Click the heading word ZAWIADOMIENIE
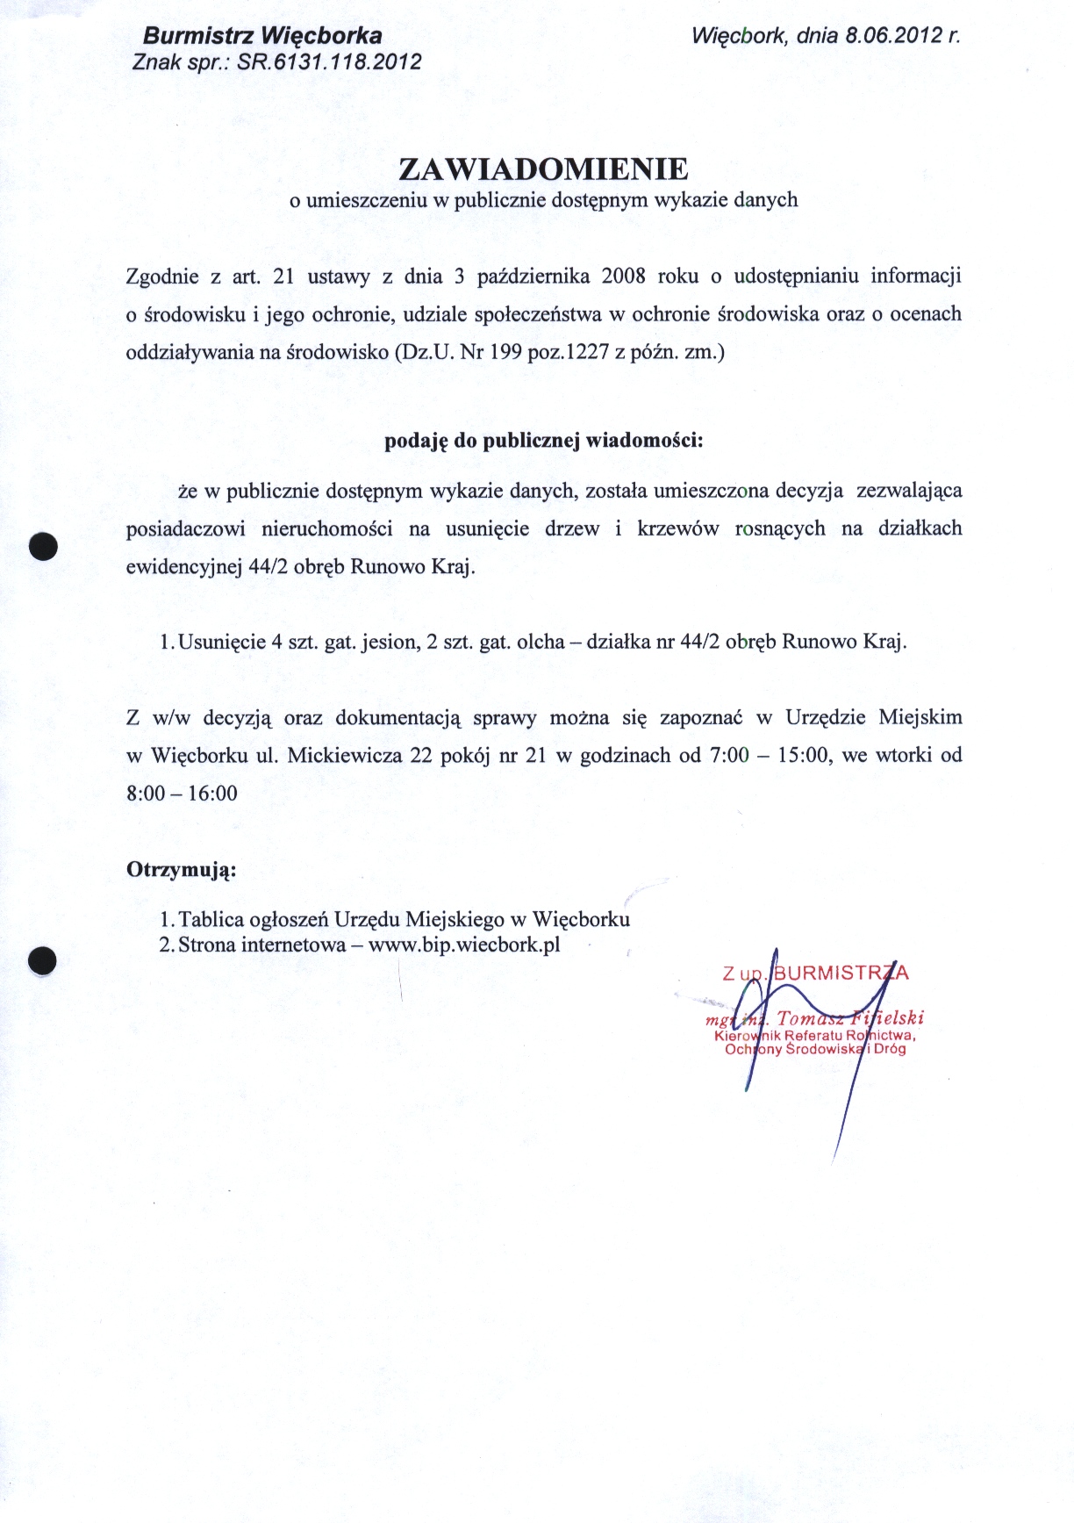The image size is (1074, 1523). click(x=543, y=169)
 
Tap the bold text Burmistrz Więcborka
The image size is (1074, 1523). click(x=261, y=36)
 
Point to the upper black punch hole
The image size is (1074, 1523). click(x=43, y=546)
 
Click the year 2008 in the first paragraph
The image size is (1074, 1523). click(x=623, y=277)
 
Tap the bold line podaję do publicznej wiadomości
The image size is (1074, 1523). click(x=543, y=440)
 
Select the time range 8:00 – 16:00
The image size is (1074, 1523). click(x=182, y=794)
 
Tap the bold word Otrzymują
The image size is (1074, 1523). click(x=182, y=870)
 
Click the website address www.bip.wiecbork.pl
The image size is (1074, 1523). click(x=464, y=945)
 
